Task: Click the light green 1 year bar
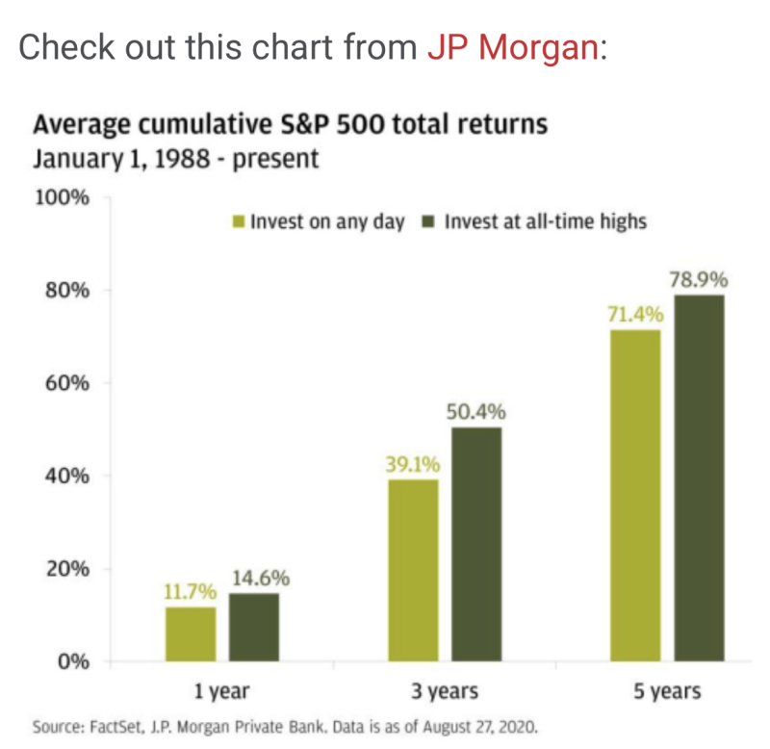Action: coord(191,634)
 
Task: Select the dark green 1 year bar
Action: coord(254,628)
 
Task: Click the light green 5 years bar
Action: coord(634,496)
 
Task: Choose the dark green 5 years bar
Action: coord(699,478)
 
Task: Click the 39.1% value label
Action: coord(413,465)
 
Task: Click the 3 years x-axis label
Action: coord(444,691)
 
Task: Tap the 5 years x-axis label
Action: coord(667,691)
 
